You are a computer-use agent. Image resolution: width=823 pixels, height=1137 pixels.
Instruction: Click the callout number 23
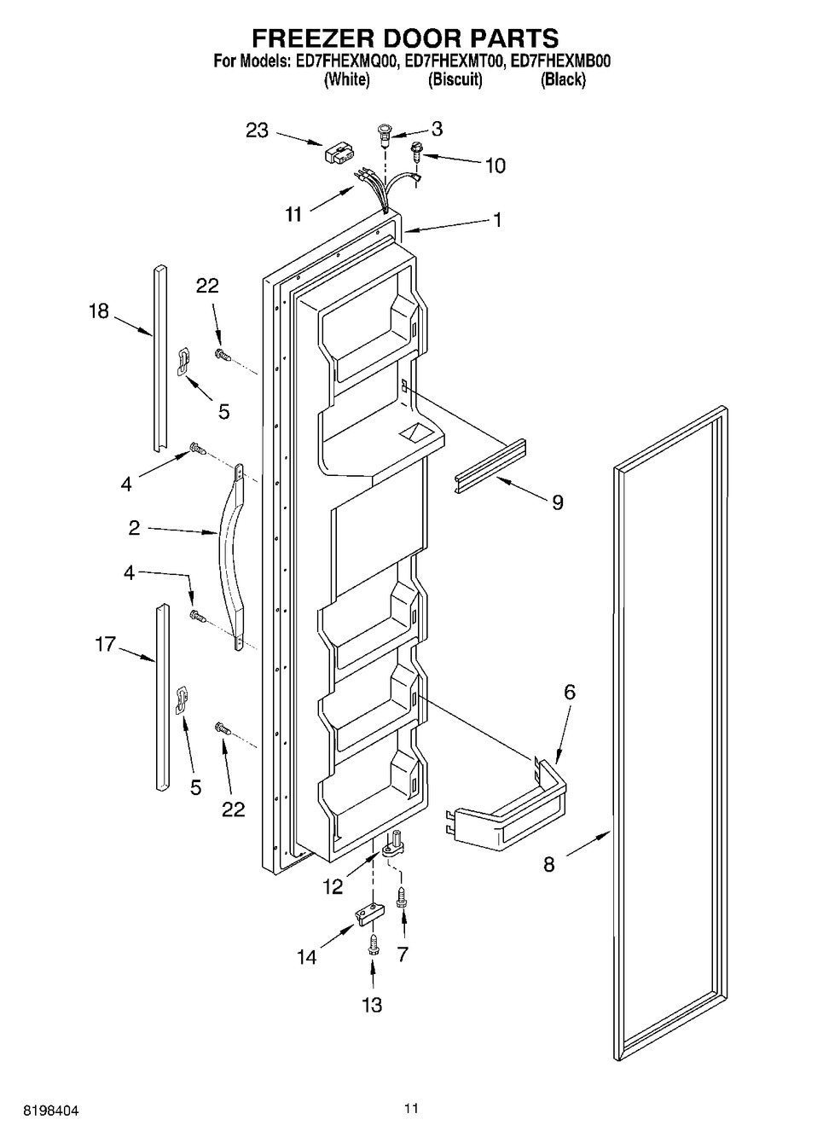click(258, 131)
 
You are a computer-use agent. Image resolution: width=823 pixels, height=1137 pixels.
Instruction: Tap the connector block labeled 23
click(338, 154)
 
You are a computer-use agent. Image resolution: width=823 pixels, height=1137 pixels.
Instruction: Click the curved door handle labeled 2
click(231, 557)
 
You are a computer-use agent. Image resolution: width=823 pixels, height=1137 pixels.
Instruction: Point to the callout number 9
click(557, 502)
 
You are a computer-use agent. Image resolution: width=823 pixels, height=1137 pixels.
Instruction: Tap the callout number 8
click(549, 864)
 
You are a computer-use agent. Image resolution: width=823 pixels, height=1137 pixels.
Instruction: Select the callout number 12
click(333, 887)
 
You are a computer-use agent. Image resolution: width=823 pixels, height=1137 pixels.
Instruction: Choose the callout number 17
click(106, 645)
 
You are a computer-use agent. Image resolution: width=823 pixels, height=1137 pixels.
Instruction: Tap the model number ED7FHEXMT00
click(453, 62)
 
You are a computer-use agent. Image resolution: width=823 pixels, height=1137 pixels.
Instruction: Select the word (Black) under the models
click(563, 79)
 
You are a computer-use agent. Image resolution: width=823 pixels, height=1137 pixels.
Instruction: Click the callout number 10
click(496, 165)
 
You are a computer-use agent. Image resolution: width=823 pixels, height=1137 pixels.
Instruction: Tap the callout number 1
click(498, 220)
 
